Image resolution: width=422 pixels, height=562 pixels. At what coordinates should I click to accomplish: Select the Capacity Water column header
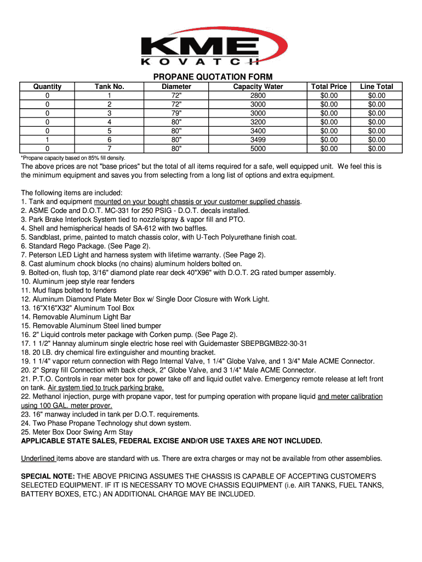tap(258, 87)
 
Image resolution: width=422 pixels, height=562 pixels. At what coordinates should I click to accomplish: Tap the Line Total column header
tap(377, 87)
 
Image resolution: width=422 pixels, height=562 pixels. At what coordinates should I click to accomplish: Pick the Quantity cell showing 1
tap(47, 140)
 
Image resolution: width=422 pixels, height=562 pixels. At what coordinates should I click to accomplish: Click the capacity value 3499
tap(258, 140)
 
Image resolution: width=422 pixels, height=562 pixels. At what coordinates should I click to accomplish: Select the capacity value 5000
tap(258, 149)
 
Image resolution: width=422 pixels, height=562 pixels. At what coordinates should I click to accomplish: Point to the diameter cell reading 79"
tap(176, 113)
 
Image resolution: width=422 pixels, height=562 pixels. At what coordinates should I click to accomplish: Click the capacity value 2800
tap(258, 95)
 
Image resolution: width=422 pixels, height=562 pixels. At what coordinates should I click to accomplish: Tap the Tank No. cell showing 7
tap(110, 149)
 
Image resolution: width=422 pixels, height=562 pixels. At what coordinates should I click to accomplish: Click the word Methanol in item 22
tap(49, 397)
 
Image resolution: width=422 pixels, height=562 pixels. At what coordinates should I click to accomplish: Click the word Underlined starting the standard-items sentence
tap(38, 459)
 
